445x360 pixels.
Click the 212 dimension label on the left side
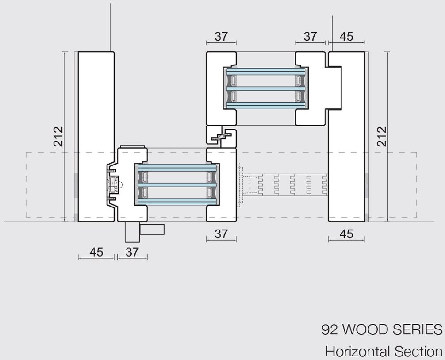point(58,137)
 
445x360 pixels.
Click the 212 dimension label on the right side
point(382,137)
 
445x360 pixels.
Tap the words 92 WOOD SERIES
point(382,329)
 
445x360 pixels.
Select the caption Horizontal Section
point(384,351)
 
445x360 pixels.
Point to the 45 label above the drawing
point(346,37)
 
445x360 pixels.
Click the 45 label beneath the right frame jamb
point(346,234)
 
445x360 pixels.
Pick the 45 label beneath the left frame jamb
point(96,252)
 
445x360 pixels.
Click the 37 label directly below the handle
point(132,252)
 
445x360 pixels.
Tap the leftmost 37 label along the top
point(221,37)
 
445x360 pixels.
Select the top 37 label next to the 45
point(310,37)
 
